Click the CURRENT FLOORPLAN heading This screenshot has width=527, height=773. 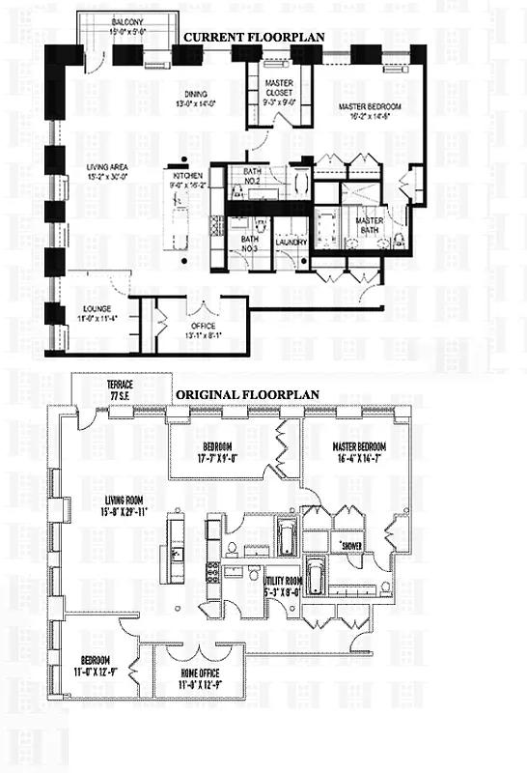(x=254, y=37)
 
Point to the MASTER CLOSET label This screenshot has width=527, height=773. (x=279, y=89)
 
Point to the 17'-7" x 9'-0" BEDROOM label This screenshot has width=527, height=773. (x=218, y=451)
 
